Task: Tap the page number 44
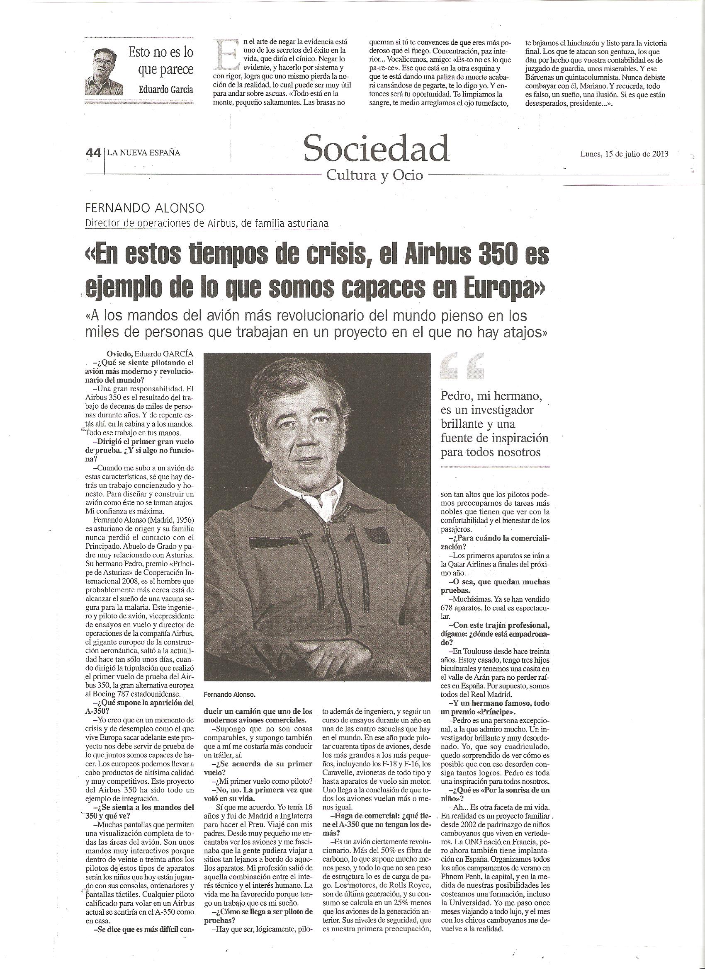(x=93, y=153)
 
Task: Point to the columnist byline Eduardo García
(x=165, y=90)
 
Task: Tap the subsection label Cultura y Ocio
(x=374, y=175)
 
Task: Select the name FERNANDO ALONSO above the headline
(x=144, y=208)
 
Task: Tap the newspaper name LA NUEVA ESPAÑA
(x=143, y=153)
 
